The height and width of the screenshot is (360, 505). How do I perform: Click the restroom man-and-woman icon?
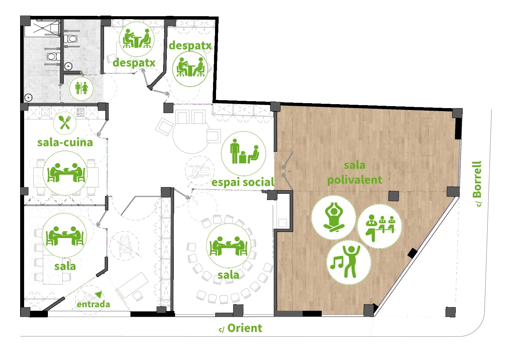(81, 88)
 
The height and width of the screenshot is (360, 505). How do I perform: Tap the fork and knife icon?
(65, 123)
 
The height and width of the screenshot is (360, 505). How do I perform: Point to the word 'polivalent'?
(355, 180)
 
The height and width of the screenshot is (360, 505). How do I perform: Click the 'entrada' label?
(93, 304)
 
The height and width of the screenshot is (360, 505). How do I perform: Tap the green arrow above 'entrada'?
(98, 294)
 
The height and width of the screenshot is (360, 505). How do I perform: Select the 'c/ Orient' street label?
(240, 328)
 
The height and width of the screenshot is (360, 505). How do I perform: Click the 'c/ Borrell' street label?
(477, 184)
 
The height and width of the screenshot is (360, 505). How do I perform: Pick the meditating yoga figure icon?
(334, 217)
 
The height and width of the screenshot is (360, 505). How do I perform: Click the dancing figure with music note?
(349, 262)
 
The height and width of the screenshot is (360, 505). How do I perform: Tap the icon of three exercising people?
(380, 226)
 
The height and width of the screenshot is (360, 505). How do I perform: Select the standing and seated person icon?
(243, 153)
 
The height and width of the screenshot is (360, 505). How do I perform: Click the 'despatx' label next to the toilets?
(134, 62)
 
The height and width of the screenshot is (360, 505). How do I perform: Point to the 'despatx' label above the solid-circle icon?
(190, 46)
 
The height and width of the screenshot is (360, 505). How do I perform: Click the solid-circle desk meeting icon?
(190, 69)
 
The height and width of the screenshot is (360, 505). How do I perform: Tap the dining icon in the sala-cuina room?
(65, 173)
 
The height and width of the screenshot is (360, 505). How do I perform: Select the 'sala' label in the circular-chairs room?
(228, 275)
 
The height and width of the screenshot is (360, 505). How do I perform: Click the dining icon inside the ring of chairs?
(228, 246)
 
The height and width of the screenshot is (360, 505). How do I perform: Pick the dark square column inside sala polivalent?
(394, 196)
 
